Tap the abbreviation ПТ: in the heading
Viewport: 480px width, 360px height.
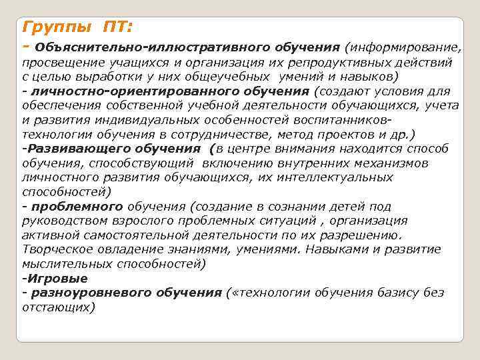click(x=118, y=27)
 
